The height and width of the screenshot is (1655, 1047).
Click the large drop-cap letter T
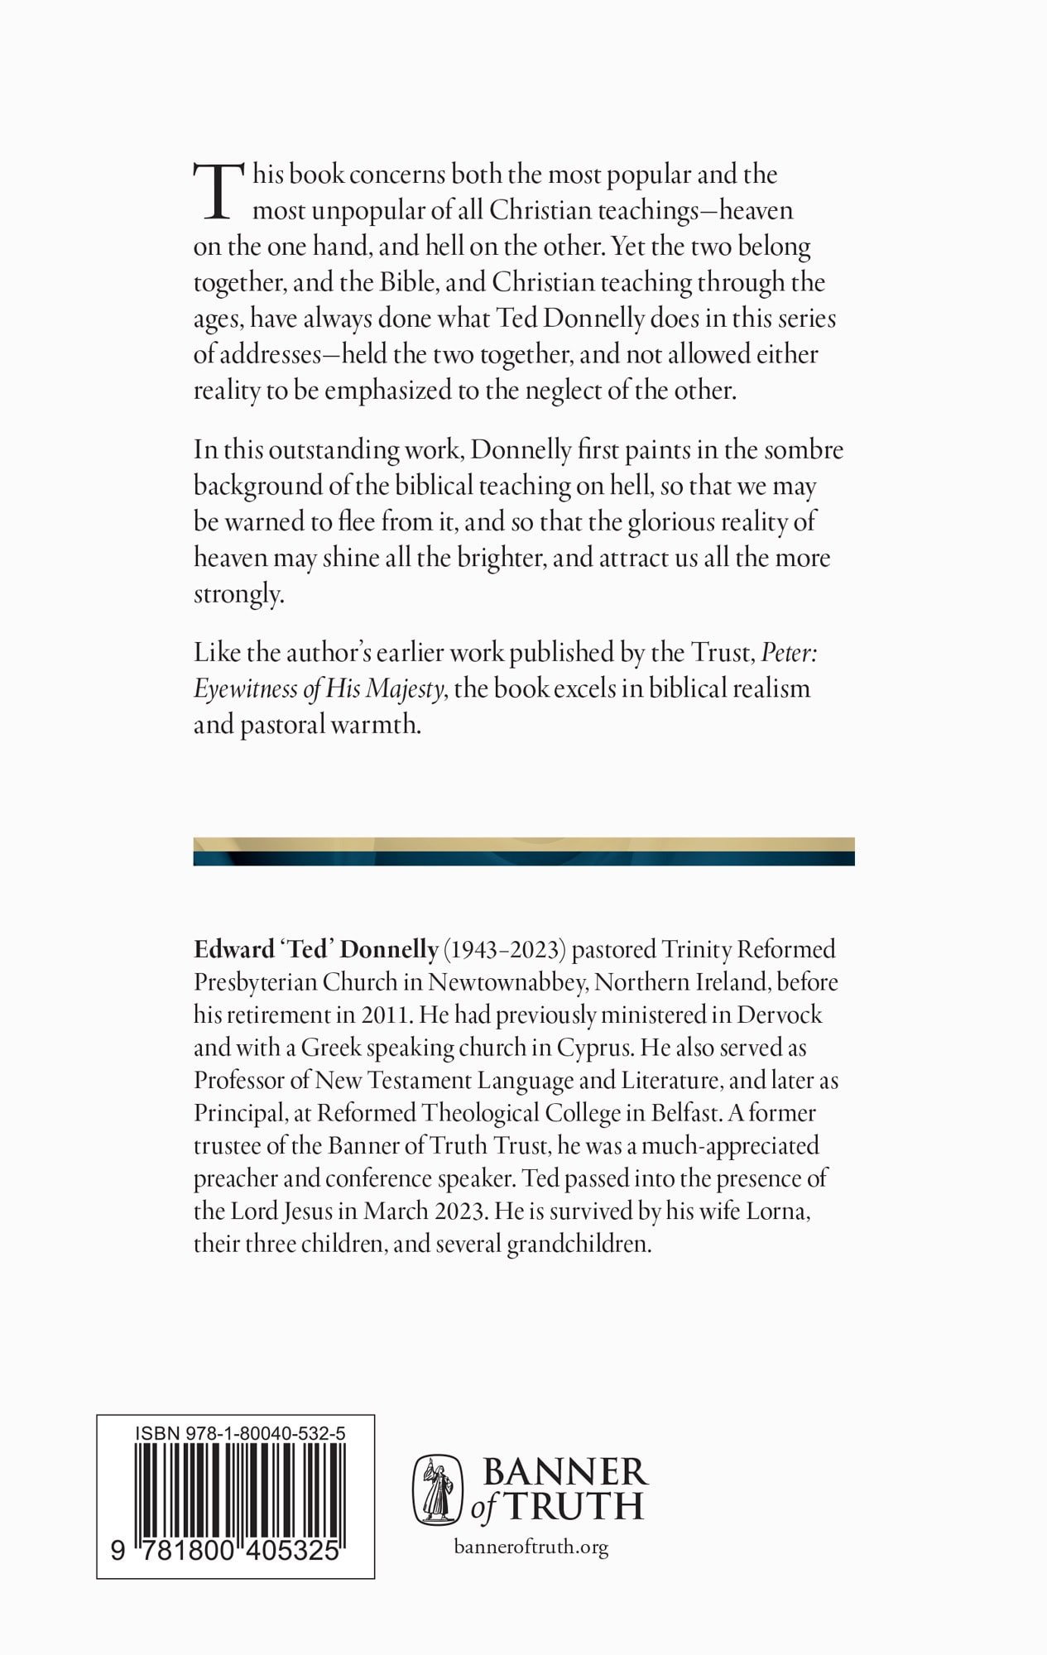tap(219, 192)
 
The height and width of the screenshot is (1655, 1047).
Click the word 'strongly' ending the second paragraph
tap(238, 595)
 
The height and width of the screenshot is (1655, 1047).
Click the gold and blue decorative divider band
tap(523, 851)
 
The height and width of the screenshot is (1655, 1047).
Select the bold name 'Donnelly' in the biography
tap(389, 949)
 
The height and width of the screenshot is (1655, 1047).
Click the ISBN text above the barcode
tap(240, 1432)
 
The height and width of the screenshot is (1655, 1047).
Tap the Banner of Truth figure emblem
tap(437, 1490)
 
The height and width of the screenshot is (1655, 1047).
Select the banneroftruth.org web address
tap(531, 1547)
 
